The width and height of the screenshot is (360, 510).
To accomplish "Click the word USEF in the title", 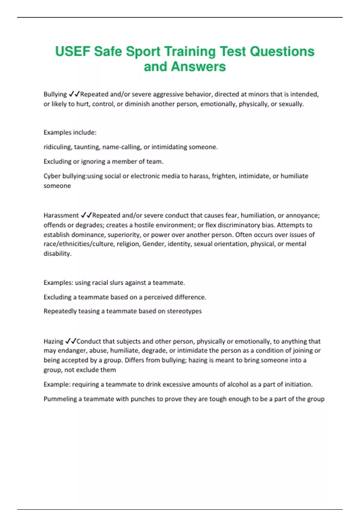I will coord(73,51).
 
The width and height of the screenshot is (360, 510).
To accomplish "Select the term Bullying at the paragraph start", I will coord(55,94).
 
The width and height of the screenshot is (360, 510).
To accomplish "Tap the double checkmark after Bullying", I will coord(74,94).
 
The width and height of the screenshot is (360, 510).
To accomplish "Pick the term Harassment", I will coord(61,215).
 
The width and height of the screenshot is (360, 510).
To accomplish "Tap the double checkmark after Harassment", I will coord(86,215).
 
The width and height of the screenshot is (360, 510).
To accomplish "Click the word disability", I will coord(58,253).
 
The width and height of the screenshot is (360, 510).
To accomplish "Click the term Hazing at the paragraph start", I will coord(53,341).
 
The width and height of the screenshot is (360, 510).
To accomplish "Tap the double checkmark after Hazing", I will coord(71,341).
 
